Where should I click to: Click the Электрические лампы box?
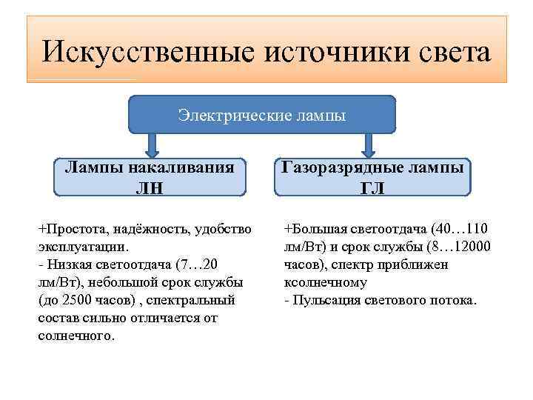pos(261,115)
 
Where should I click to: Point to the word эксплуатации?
pos(83,245)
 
